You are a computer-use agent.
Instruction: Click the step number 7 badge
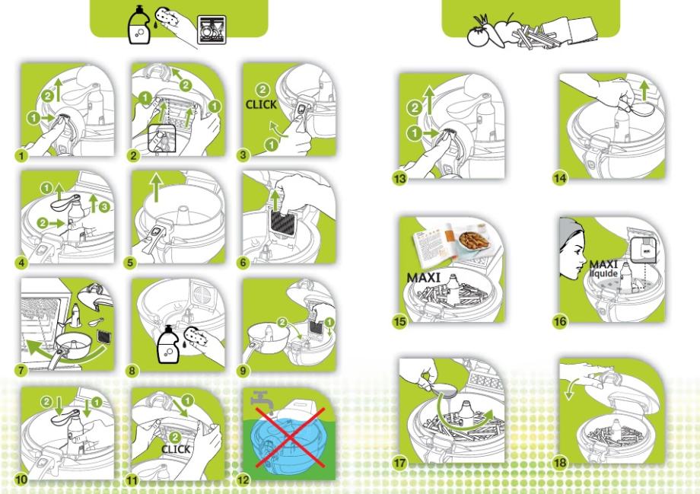click(21, 370)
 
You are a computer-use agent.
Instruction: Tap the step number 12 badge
click(243, 480)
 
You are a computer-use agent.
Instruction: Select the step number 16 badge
click(560, 321)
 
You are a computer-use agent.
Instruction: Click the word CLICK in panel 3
click(261, 104)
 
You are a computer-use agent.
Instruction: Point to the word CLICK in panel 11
click(176, 449)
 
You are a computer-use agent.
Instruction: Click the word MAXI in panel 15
click(423, 278)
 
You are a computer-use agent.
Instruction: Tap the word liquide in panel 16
click(603, 273)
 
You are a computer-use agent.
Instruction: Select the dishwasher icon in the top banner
click(212, 30)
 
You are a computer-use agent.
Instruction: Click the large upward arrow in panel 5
click(156, 187)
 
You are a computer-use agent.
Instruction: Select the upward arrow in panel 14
click(644, 91)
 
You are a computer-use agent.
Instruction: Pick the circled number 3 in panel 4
click(104, 207)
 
